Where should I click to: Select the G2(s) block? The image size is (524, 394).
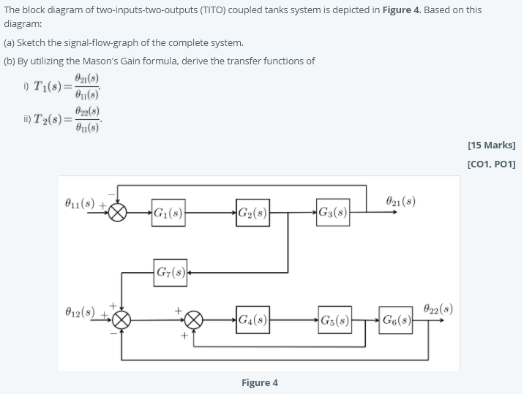tap(252, 214)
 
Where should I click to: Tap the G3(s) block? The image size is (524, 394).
tap(333, 214)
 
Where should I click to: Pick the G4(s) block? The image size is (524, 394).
tap(252, 319)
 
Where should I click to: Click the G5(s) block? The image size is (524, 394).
tap(333, 319)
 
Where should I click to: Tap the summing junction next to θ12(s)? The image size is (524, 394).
tap(122, 319)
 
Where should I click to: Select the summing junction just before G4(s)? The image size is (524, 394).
tap(193, 319)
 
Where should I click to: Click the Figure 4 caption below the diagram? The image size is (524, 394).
tap(260, 382)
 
